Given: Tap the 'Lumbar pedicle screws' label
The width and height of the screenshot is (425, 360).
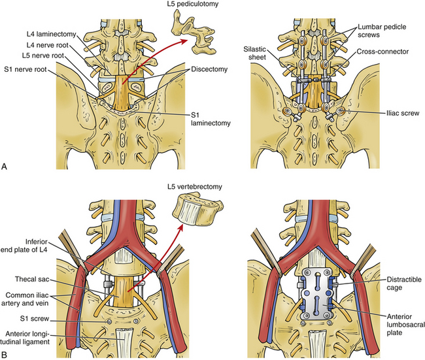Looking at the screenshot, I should (x=382, y=30).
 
